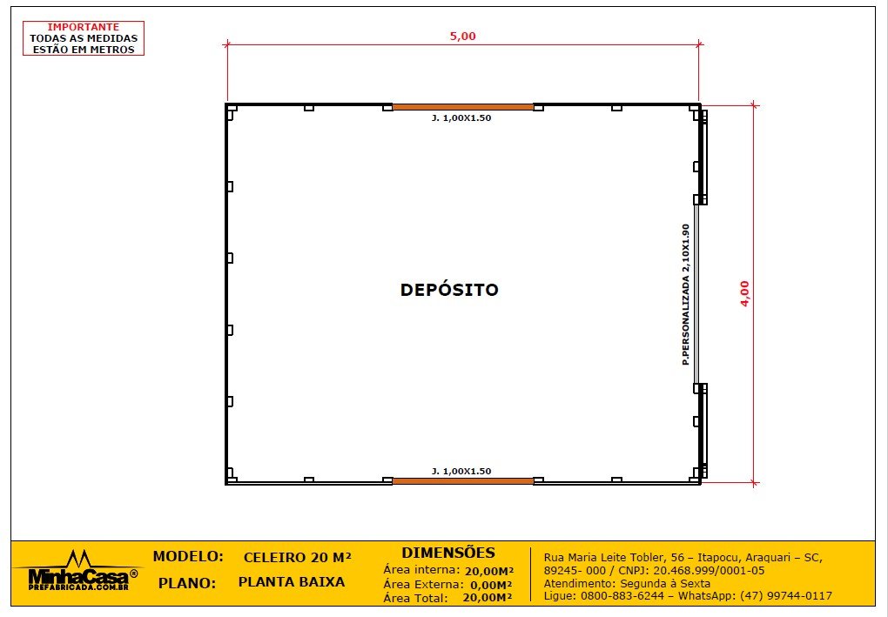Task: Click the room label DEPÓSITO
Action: pos(449,290)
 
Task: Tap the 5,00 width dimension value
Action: pos(462,36)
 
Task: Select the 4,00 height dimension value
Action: pos(744,293)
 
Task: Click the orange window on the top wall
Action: pos(462,107)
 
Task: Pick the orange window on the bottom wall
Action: pos(462,480)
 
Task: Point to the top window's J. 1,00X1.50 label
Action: pos(461,117)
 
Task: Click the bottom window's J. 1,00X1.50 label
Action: pos(461,471)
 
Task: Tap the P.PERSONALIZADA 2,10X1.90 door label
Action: pos(686,293)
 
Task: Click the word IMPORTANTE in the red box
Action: pos(83,27)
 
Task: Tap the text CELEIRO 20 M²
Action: pos(298,557)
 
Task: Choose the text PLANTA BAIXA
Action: pos(291,582)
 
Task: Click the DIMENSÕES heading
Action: pos(448,553)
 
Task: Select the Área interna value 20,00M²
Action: pos(488,571)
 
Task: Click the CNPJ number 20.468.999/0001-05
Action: pos(707,570)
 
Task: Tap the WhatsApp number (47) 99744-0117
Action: pos(785,596)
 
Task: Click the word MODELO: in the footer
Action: pos(188,556)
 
